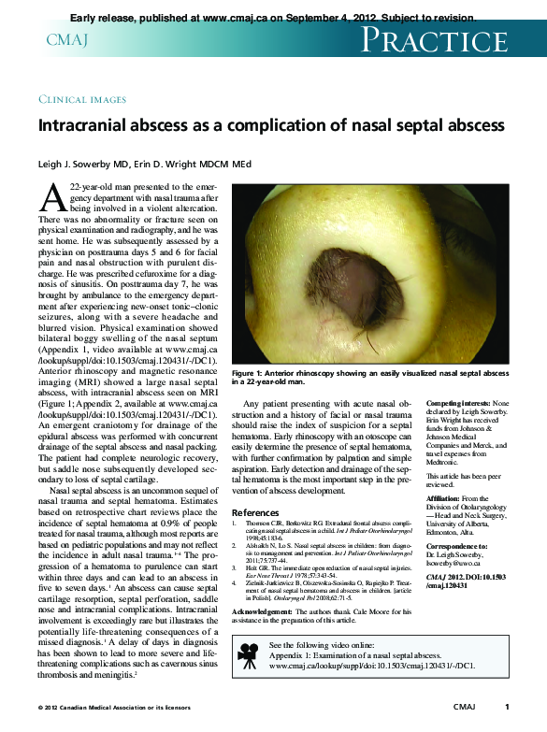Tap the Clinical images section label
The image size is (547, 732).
[x=82, y=99]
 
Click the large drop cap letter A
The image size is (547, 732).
[x=54, y=198]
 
